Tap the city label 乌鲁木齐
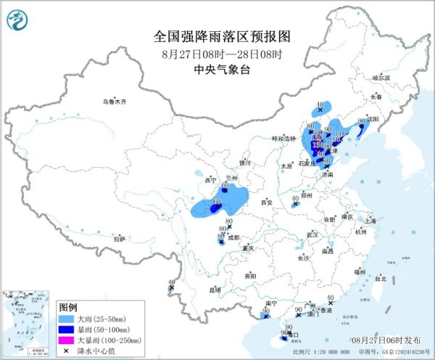pyautogui.click(x=114, y=102)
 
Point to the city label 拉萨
pyautogui.click(x=119, y=238)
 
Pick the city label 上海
pyautogui.click(x=373, y=220)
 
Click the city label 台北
pyautogui.click(x=381, y=278)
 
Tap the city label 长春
pyautogui.click(x=376, y=97)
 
